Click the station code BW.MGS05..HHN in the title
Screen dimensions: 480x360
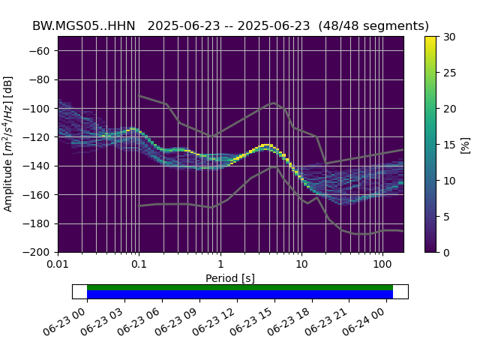(83, 26)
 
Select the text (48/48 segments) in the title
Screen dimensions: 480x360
(373, 26)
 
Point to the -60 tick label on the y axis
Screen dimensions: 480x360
(39, 51)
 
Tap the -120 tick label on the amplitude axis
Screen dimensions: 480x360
(36, 137)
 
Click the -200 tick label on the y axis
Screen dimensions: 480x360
(36, 253)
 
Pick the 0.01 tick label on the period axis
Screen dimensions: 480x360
(58, 264)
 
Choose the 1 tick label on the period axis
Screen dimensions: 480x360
(220, 264)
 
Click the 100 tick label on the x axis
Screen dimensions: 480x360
(382, 264)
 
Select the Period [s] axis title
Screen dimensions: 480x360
(230, 278)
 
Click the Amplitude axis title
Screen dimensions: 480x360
(8, 144)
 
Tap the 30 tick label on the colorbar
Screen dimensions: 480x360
(449, 37)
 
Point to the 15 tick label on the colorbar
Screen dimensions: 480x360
(449, 145)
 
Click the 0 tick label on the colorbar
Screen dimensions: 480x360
(446, 253)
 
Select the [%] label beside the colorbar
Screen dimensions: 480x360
(465, 145)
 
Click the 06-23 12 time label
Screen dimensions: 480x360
(214, 322)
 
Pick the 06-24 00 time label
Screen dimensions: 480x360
(363, 322)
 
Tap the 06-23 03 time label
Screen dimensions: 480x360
(101, 322)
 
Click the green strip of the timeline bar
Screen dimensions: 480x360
(240, 287)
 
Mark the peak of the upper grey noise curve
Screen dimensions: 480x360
(274, 103)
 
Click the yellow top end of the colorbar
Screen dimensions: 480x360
(430, 37)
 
